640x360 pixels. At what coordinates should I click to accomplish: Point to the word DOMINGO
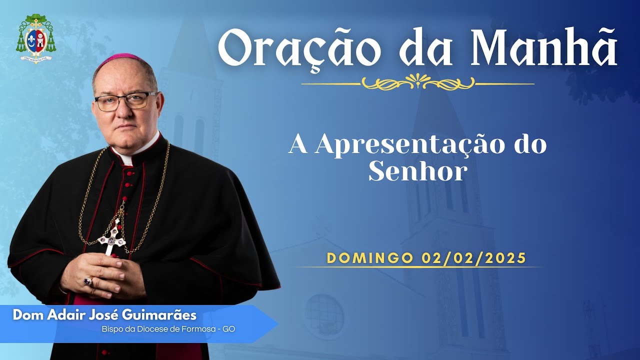(x=370, y=258)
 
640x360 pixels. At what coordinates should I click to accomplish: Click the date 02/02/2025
(x=473, y=258)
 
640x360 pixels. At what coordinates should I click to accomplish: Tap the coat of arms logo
(x=36, y=38)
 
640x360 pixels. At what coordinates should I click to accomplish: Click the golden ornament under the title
(x=417, y=82)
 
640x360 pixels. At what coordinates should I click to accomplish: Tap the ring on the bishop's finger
(x=88, y=281)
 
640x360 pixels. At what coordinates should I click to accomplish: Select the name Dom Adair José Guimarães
(x=104, y=315)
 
